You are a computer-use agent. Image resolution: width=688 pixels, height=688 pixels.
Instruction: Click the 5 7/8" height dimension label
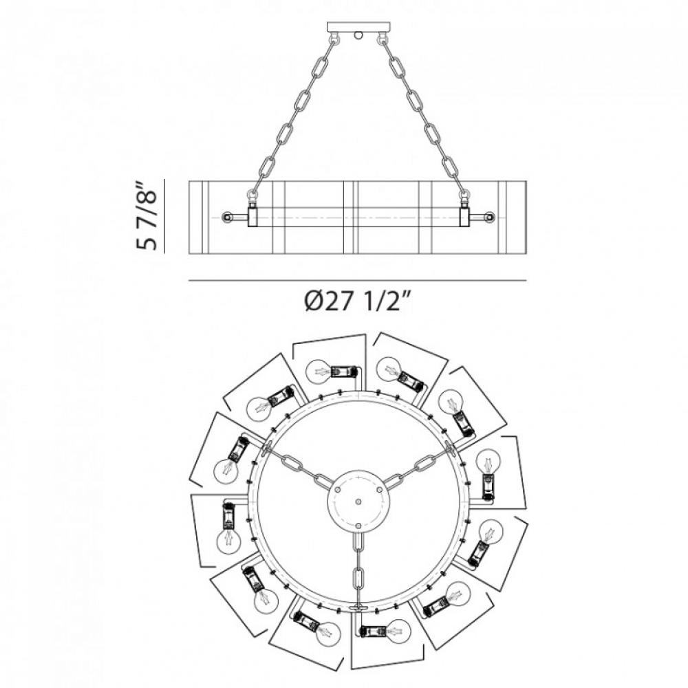point(146,216)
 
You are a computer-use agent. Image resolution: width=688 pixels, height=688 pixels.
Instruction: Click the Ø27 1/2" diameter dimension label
point(357,301)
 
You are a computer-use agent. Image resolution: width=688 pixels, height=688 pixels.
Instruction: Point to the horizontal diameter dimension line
point(357,281)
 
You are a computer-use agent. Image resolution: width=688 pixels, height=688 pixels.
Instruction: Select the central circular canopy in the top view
point(358,501)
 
